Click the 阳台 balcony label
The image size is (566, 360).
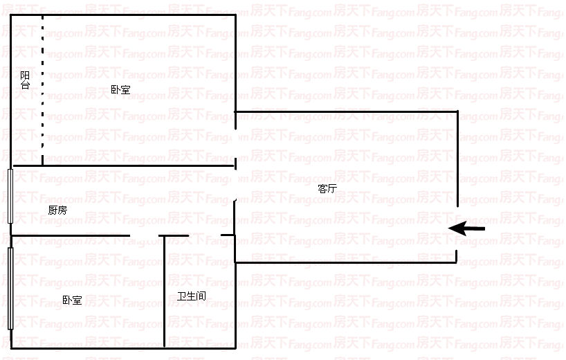coord(25,80)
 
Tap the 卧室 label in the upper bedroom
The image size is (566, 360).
coord(120,89)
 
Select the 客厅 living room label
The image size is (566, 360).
coord(327,188)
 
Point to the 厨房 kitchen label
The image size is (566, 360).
coord(57,210)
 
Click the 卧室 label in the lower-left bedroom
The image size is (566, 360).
coord(72,300)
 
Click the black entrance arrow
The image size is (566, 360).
coord(467,228)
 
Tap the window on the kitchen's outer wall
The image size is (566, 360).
coord(10,196)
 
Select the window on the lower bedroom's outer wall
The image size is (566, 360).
coord(10,288)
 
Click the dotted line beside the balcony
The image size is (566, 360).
coord(42,90)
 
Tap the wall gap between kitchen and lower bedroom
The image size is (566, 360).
coord(145,236)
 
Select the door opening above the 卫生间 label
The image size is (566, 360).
coord(206,236)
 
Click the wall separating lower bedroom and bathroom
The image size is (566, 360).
coord(164,291)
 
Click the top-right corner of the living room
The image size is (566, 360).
coord(457,111)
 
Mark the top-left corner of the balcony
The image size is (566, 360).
coord(11,15)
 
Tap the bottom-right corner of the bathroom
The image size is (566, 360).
coord(235,347)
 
